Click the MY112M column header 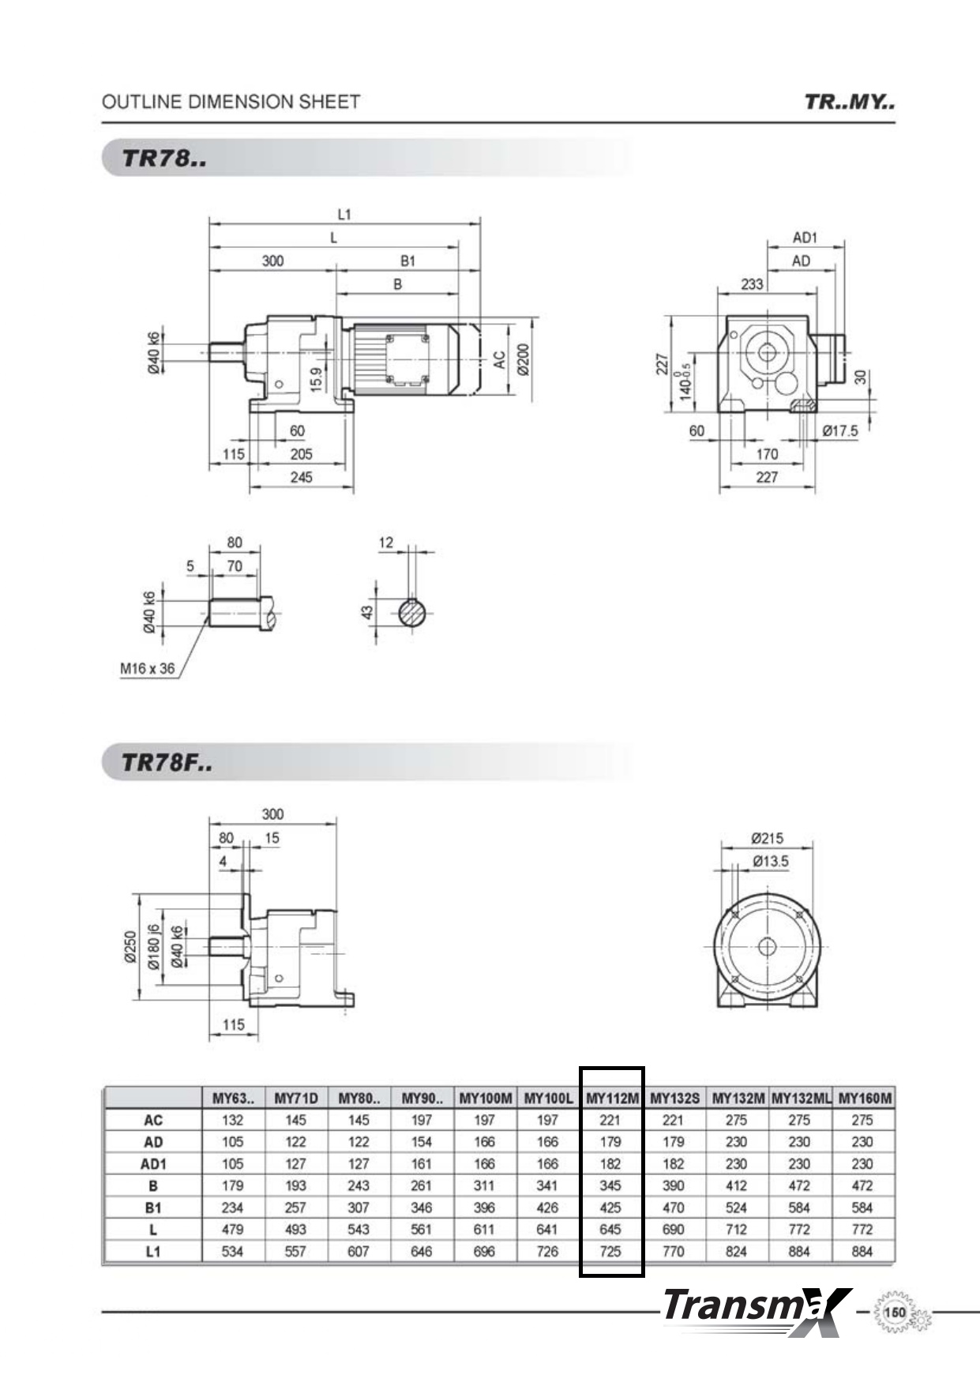tap(612, 1098)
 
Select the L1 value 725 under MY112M tap(610, 1251)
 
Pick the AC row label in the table tap(153, 1120)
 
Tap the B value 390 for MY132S tap(674, 1185)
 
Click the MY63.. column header tap(233, 1098)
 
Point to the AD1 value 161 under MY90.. tap(422, 1163)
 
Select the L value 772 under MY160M tap(862, 1229)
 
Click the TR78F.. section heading tap(167, 763)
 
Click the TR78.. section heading tap(164, 158)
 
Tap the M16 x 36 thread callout tap(148, 668)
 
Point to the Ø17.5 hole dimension tap(839, 430)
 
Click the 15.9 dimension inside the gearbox tap(316, 379)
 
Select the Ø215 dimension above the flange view tap(767, 838)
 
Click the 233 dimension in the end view tap(752, 284)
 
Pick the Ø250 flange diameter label tap(131, 947)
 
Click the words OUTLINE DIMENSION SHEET tap(231, 102)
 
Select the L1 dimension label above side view tap(344, 214)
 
